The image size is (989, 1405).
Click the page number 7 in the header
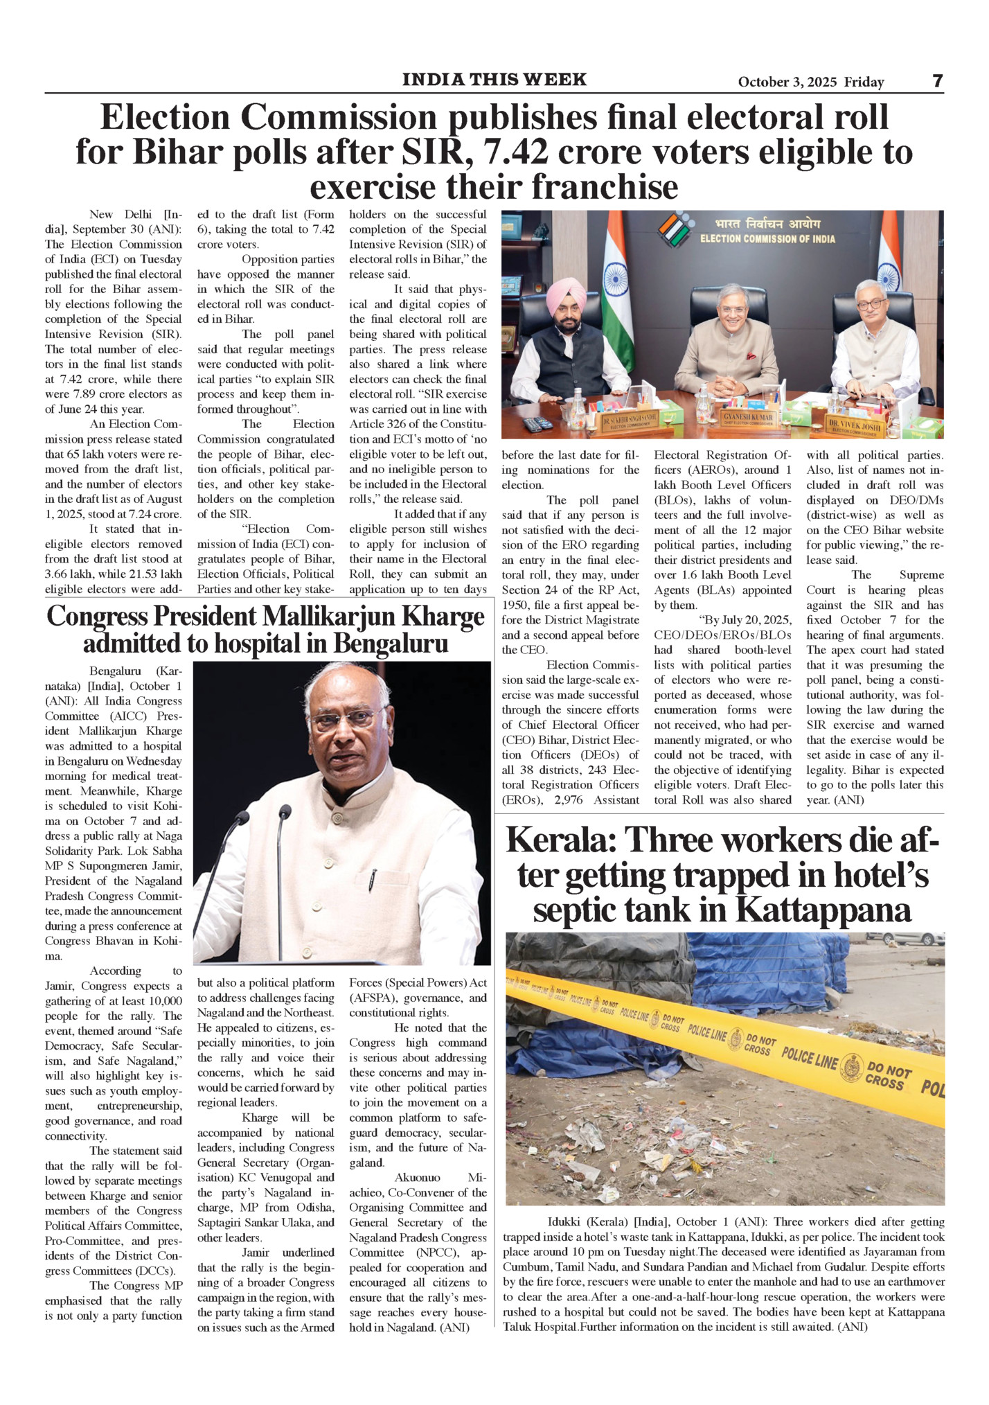click(937, 81)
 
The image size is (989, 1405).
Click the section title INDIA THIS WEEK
click(494, 80)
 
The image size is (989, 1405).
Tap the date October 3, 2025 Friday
click(810, 82)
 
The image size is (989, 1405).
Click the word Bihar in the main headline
click(175, 153)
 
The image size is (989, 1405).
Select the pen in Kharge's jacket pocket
click(373, 881)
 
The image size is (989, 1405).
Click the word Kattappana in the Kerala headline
click(823, 910)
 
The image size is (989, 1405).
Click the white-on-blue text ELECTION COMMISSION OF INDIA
click(767, 239)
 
